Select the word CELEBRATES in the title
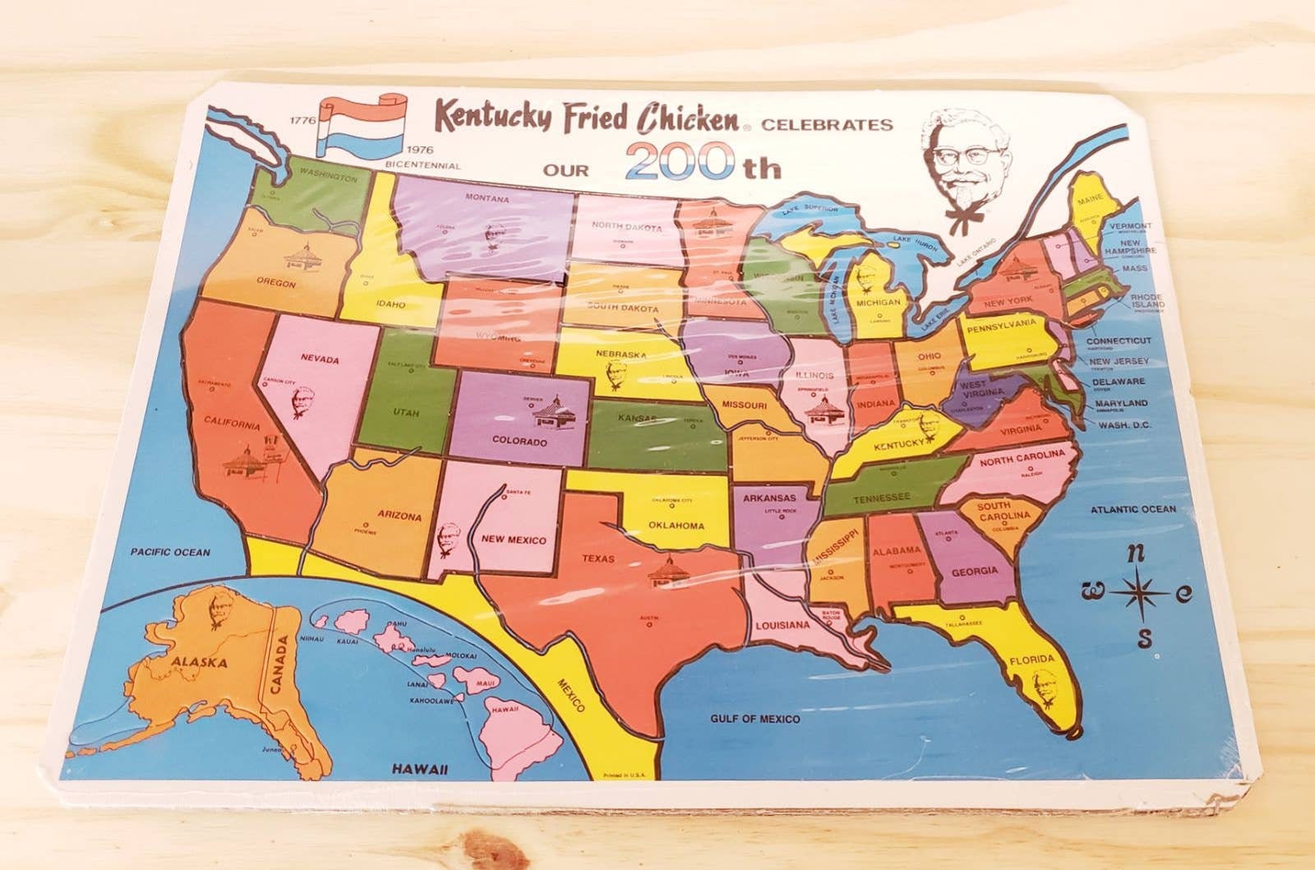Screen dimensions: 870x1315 pos(827,125)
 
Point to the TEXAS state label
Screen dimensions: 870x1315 pos(598,558)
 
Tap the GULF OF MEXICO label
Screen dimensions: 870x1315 pos(754,719)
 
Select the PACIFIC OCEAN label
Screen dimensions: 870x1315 pos(171,553)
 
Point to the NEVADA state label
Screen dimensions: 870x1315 pos(321,359)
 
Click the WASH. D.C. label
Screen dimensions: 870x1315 pos(1123,425)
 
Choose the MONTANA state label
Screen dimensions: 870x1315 pos(487,198)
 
